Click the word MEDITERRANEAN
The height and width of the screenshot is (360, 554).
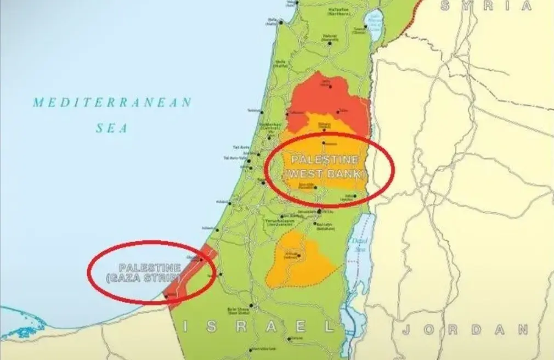tap(112, 102)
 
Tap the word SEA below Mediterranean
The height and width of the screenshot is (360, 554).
tap(112, 128)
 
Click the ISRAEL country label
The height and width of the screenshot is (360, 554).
tap(258, 326)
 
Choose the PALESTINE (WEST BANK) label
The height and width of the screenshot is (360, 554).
tap(325, 166)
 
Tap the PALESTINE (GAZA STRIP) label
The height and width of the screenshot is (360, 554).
tap(150, 272)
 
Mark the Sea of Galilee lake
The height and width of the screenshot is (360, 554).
tap(375, 25)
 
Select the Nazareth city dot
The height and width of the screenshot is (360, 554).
tap(330, 42)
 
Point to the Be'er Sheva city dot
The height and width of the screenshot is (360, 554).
tap(251, 305)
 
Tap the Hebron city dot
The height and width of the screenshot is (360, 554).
tap(299, 255)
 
